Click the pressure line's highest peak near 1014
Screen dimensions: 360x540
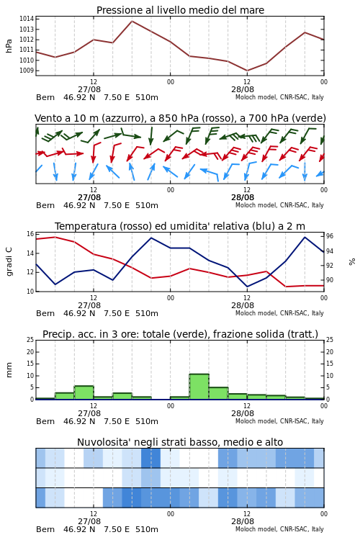132,21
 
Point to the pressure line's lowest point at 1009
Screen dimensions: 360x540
247,71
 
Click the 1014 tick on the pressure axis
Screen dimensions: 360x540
27,19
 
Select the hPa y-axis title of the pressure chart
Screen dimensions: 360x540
9,46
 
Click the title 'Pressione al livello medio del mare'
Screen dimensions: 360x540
180,10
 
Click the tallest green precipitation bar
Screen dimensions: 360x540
199,387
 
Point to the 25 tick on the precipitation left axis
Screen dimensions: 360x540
30,340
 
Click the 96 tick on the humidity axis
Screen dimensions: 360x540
330,236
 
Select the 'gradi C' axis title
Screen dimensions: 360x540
9,261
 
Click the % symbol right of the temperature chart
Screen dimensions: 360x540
352,262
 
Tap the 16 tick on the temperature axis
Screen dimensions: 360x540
30,234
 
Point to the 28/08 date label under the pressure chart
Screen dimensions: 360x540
243,89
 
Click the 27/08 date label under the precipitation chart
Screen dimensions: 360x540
89,413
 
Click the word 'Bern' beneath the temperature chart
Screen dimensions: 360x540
45,313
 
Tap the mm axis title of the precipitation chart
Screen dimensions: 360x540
9,369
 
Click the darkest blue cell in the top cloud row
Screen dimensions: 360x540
150,458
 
